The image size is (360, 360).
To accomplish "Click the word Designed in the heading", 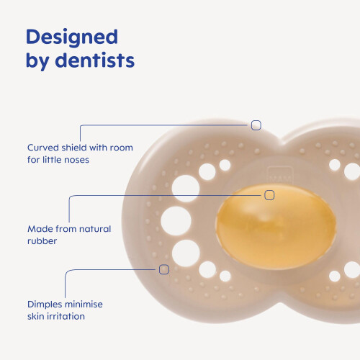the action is (72, 37).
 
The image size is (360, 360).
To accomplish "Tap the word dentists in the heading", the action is (94, 60).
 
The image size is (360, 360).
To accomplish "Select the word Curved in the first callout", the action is (43, 148).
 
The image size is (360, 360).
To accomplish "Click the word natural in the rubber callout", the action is (95, 229).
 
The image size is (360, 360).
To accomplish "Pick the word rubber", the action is (42, 240).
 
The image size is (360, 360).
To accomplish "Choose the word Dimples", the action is (43, 305).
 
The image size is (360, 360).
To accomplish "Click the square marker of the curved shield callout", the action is (256, 125).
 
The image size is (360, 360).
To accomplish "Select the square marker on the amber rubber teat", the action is (269, 195).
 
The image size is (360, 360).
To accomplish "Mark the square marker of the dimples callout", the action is (164, 269).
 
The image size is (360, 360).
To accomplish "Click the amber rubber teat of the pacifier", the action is (276, 226).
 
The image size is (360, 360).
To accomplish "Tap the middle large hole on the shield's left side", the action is (176, 221).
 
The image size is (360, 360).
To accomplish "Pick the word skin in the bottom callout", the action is (36, 316).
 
